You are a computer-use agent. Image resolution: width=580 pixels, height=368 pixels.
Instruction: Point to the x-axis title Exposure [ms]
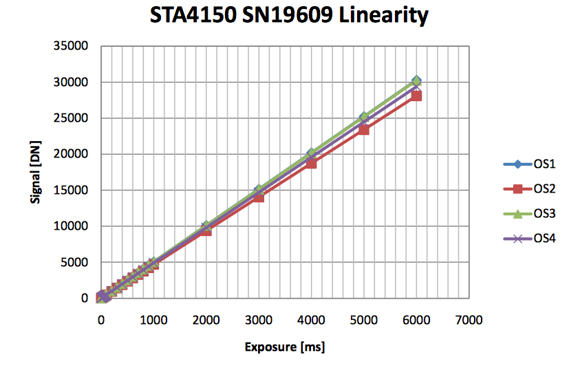coord(285,347)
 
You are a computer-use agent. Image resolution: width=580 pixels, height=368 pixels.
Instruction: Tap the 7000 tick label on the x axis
coord(469,320)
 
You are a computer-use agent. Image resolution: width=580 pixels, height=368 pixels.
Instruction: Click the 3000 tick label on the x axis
coord(259,320)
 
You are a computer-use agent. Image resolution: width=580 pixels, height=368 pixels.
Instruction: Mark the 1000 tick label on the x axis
coord(153,320)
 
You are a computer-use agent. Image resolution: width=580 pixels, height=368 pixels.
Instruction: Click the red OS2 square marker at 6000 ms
coord(416,96)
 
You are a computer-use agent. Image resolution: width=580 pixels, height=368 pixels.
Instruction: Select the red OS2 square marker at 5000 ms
coord(364,129)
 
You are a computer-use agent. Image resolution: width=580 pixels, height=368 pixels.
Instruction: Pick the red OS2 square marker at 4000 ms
coord(311,163)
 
